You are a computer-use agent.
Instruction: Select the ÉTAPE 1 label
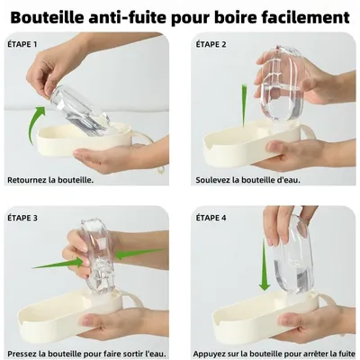click(x=24, y=44)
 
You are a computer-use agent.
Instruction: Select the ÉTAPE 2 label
click(x=212, y=44)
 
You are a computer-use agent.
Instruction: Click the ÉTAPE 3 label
click(x=24, y=218)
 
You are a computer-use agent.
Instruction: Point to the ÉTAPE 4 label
click(x=212, y=218)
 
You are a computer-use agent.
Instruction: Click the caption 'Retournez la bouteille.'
click(x=50, y=179)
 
